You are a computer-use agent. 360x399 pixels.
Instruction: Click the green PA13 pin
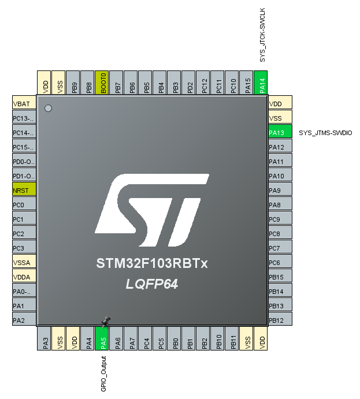coord(280,132)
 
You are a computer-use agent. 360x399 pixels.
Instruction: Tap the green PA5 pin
coord(102,338)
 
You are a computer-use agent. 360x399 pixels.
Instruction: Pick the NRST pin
coord(24,190)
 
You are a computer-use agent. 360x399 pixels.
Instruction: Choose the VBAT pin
coord(24,103)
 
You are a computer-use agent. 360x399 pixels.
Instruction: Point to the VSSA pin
coord(24,262)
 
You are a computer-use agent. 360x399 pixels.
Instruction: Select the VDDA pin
coord(24,277)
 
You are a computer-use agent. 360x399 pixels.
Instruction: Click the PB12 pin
coord(280,320)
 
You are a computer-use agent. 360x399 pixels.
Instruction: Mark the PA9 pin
coord(280,190)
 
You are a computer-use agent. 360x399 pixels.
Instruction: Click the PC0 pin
coord(24,204)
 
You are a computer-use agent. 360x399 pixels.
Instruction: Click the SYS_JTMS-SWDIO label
coord(325,133)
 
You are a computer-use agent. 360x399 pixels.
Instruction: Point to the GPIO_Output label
coord(103,374)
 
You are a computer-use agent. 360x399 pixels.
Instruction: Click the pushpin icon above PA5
coord(105,321)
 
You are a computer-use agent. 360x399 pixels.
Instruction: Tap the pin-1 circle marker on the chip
coord(49,108)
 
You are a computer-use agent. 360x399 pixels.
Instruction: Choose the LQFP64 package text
coord(152,284)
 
